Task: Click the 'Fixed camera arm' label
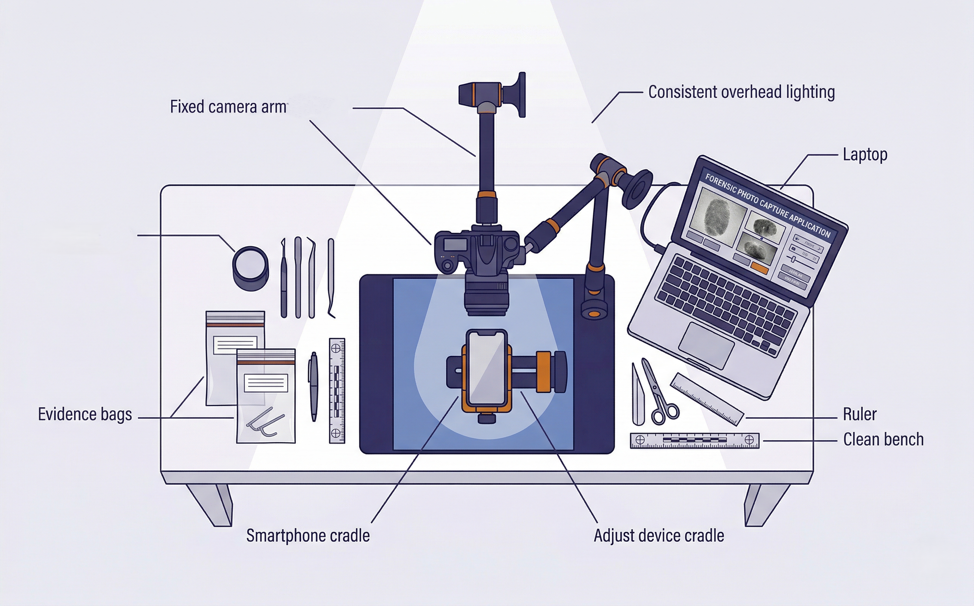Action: [228, 107]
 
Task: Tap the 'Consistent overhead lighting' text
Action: [741, 92]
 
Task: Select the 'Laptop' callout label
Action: [864, 155]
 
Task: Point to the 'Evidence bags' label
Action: [85, 414]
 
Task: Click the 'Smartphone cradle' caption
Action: [308, 536]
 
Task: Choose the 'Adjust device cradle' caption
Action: [659, 536]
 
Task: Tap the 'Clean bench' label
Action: [883, 440]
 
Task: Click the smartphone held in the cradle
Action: [487, 368]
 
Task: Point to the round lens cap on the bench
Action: [251, 268]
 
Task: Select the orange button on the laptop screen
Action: [760, 268]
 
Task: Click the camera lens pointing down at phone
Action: [486, 297]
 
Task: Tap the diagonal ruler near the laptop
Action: [707, 398]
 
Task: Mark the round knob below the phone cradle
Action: [486, 418]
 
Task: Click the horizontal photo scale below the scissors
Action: [694, 440]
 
